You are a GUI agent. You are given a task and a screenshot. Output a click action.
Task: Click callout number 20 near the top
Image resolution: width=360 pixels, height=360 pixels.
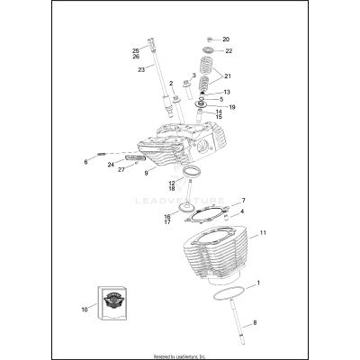click(226, 40)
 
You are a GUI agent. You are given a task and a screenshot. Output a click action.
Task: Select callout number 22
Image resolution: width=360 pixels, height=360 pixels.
click(229, 51)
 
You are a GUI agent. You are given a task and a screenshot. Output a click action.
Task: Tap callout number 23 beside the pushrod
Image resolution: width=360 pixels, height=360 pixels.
click(141, 69)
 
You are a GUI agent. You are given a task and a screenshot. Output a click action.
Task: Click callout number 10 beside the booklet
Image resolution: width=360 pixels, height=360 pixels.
click(85, 309)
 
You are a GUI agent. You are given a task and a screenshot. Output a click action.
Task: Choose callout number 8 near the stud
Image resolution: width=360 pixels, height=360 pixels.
click(256, 321)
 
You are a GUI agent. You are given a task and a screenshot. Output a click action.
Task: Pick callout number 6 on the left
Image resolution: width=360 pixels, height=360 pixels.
click(86, 162)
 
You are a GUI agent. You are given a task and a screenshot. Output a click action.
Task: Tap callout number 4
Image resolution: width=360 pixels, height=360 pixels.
click(242, 211)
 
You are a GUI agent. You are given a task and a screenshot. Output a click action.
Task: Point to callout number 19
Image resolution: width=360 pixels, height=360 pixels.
click(233, 108)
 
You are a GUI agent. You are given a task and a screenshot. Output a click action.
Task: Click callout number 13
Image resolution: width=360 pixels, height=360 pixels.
click(226, 92)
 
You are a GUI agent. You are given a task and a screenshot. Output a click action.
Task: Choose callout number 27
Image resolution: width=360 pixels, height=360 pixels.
click(121, 168)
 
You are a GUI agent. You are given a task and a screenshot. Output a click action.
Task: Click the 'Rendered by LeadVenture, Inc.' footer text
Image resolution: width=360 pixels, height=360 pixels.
click(180, 355)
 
